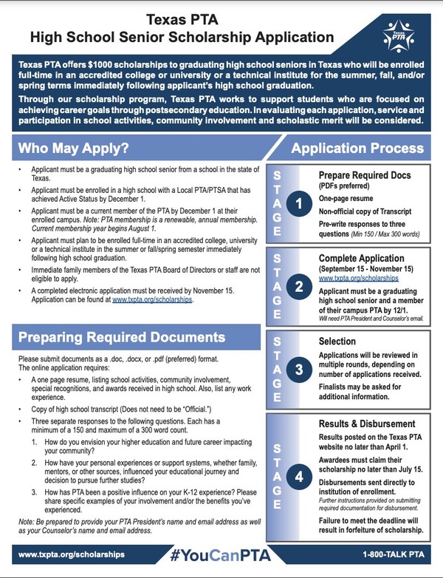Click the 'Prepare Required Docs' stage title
tap(365, 176)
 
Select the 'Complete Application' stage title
tap(361, 258)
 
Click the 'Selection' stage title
tap(337, 342)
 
